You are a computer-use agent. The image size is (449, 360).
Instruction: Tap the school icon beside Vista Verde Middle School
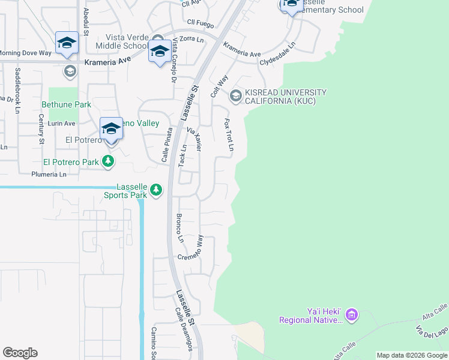tap(159, 52)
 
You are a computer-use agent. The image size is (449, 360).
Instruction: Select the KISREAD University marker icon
tap(235, 95)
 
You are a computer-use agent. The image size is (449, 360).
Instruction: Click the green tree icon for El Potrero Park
tap(108, 161)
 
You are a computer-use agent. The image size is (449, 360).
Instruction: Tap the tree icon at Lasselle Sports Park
tap(155, 190)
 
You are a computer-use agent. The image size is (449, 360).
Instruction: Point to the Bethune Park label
tap(66, 104)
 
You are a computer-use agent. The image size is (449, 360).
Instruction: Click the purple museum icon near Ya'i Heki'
tap(352, 314)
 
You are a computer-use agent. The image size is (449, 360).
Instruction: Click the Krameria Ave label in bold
tap(107, 61)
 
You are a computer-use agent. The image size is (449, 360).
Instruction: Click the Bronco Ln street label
tap(179, 228)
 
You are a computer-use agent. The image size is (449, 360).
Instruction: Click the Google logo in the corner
tap(20, 353)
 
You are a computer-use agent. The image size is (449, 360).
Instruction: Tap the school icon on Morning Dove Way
tap(67, 43)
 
